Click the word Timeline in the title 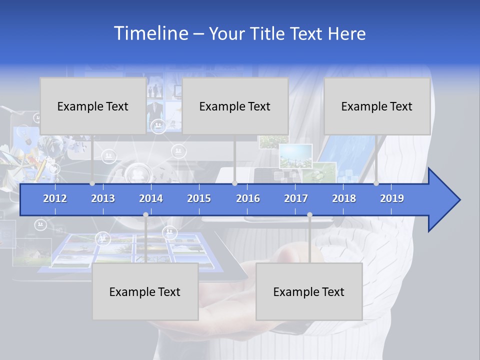[x=149, y=33]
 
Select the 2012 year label [x=55, y=198]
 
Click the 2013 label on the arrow [x=103, y=198]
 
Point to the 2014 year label [x=151, y=198]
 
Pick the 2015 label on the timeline [x=199, y=198]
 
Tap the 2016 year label [x=248, y=198]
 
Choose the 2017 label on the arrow [x=296, y=198]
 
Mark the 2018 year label [x=344, y=198]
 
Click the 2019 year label [x=392, y=198]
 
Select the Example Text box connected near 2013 [x=93, y=106]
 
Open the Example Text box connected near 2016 [x=235, y=106]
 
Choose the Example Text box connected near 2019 [x=377, y=106]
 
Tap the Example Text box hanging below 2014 [x=145, y=291]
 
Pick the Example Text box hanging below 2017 [x=309, y=291]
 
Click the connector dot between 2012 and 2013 [x=92, y=183]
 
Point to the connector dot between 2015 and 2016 [x=235, y=183]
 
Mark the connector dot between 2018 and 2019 [x=376, y=183]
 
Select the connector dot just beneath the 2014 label [x=145, y=215]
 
